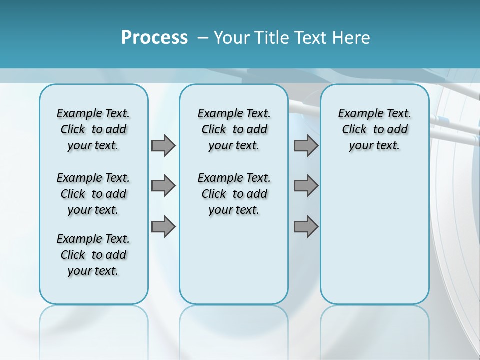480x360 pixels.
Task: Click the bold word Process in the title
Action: coord(154,38)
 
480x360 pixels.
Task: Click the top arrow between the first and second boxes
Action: coord(163,145)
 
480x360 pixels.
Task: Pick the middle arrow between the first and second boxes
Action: coord(163,186)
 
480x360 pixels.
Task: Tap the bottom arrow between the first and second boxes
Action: coord(163,226)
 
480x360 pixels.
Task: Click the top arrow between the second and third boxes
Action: coord(306,145)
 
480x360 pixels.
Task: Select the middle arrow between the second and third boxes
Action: coord(306,186)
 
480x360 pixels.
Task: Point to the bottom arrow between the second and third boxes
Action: coord(306,226)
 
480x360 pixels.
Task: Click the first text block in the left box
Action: coord(93,129)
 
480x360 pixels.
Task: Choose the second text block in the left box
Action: coord(93,194)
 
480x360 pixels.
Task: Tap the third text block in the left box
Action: coord(93,255)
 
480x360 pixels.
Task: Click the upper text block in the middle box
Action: coord(234,129)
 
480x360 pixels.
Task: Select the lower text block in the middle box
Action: coord(234,194)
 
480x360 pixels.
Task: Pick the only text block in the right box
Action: coord(374,129)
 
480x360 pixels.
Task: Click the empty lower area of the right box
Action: coord(374,235)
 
